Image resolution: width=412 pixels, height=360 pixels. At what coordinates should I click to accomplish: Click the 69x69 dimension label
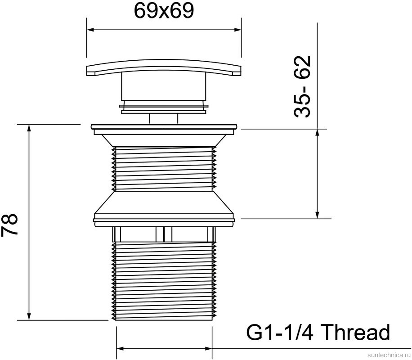(164, 11)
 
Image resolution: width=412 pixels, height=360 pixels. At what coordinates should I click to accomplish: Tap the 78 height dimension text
(9, 225)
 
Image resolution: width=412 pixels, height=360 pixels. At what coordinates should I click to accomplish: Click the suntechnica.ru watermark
(388, 355)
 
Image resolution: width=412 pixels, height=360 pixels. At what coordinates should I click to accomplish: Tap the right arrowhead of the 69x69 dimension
(237, 30)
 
